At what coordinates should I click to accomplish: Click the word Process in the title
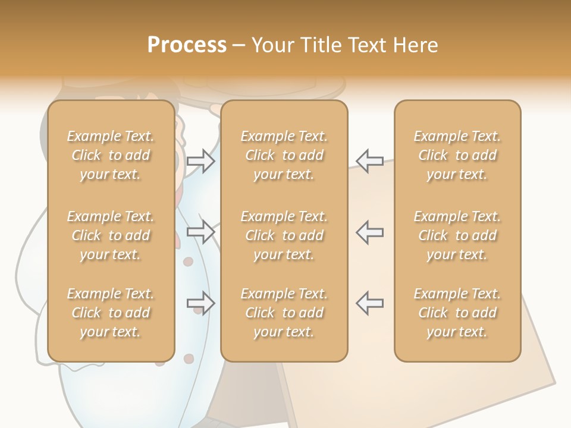187,45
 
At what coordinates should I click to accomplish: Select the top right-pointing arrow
201,161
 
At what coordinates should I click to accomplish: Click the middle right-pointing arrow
201,232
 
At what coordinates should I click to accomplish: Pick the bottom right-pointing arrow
201,304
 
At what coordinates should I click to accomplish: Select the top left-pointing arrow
369,161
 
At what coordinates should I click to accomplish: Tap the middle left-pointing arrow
369,232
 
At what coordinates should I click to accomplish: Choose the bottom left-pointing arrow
369,304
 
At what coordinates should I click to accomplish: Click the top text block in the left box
111,155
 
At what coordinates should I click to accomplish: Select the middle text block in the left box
111,235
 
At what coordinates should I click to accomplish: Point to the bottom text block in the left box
111,313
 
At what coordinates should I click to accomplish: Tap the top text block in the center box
284,155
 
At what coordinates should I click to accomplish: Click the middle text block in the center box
284,235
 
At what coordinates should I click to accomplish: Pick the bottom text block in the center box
284,313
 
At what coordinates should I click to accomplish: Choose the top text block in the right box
457,155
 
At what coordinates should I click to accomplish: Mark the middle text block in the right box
457,235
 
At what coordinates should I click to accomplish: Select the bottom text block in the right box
457,313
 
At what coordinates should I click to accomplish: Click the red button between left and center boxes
189,262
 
